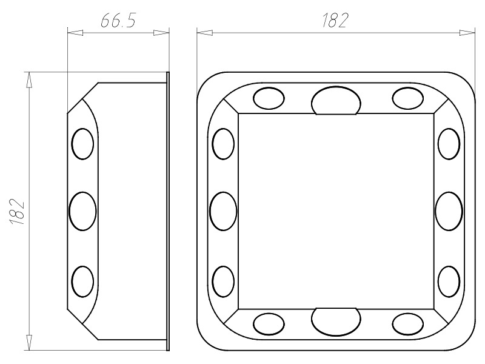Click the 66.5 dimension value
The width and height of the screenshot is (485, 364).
[118, 21]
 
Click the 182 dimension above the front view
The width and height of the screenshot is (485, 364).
[335, 21]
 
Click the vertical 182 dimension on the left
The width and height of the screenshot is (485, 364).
[17, 211]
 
